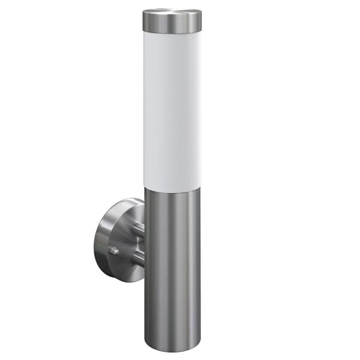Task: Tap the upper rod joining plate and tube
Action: (x=137, y=229)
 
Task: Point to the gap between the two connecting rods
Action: (x=138, y=243)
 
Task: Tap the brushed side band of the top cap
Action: (x=172, y=25)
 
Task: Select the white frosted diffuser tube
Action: (x=172, y=108)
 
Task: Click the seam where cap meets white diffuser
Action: (x=172, y=32)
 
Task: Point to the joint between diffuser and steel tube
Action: (x=172, y=187)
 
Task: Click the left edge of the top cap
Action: (x=144, y=22)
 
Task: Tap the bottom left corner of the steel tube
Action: (x=146, y=345)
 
